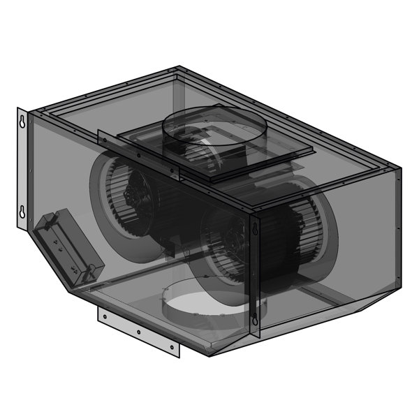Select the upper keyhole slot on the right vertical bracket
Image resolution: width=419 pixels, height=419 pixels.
click(254, 228)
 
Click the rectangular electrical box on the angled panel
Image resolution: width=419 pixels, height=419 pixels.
click(70, 248)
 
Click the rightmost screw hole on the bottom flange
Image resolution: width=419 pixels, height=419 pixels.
click(171, 346)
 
